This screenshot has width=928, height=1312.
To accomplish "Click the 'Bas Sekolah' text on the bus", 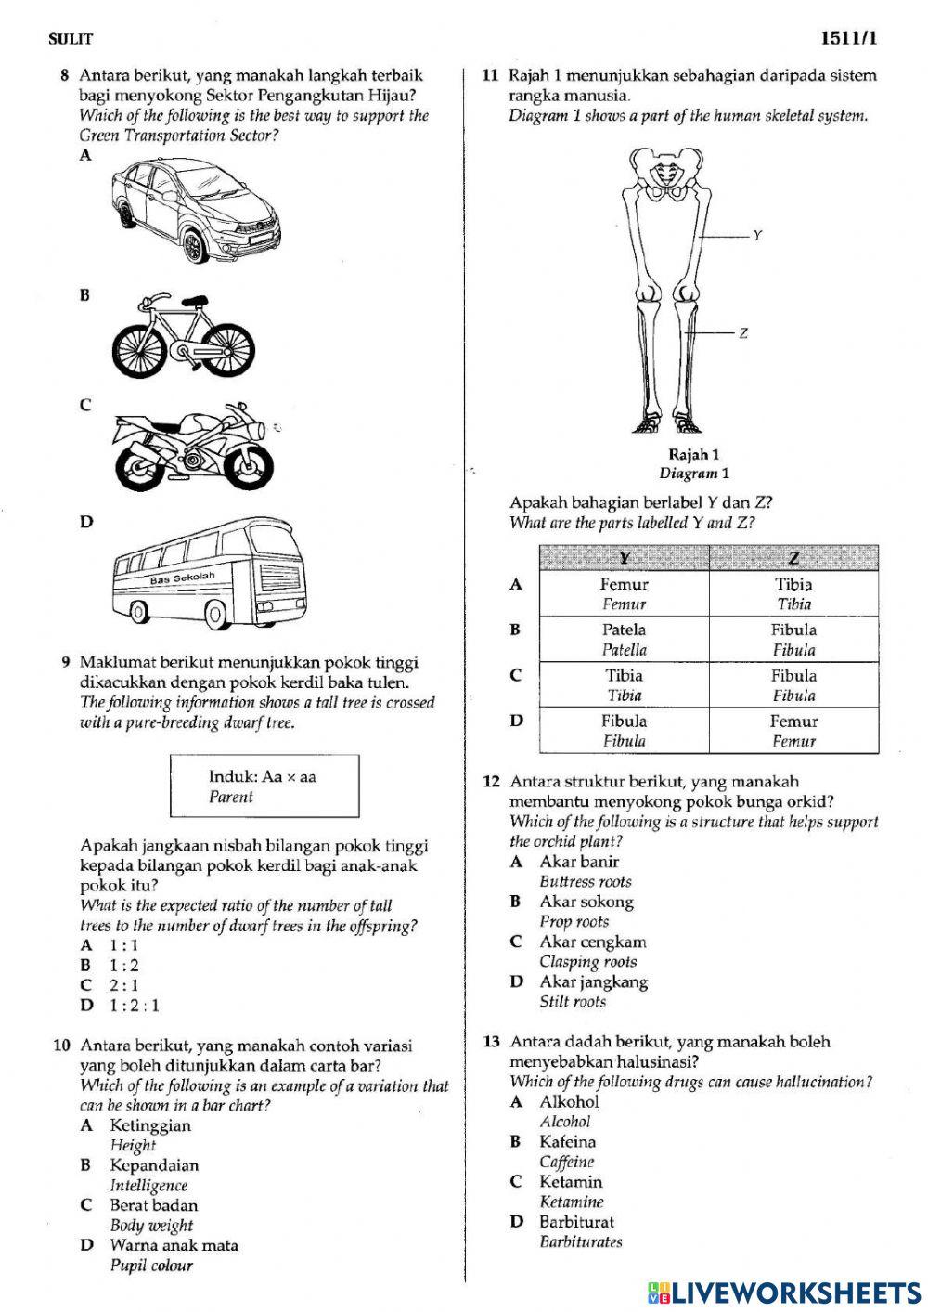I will click(x=183, y=578).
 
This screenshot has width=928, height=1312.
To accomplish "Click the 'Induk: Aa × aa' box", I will click(x=264, y=786).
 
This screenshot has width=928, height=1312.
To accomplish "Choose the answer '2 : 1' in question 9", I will click(x=123, y=985).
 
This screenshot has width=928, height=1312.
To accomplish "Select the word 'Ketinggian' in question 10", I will click(x=149, y=1125).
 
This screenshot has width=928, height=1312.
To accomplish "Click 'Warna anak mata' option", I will click(x=174, y=1245).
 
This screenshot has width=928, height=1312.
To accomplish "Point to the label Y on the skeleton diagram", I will click(x=757, y=236).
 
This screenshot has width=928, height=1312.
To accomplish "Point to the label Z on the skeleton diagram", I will click(x=743, y=333).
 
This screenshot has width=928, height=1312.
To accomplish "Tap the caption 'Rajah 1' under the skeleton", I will click(x=693, y=454).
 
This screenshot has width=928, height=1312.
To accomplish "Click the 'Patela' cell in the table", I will click(x=624, y=630).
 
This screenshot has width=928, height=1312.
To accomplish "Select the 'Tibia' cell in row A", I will click(x=793, y=585).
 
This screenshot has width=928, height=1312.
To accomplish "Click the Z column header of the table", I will click(x=793, y=558).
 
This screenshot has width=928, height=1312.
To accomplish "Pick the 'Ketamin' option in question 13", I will click(x=571, y=1182).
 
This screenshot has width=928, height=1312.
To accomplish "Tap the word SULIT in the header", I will click(x=71, y=39).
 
